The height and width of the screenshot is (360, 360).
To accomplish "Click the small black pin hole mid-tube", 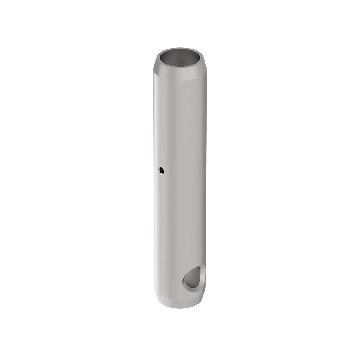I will click(162, 171).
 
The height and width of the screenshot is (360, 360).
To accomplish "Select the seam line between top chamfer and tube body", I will click(180, 81).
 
